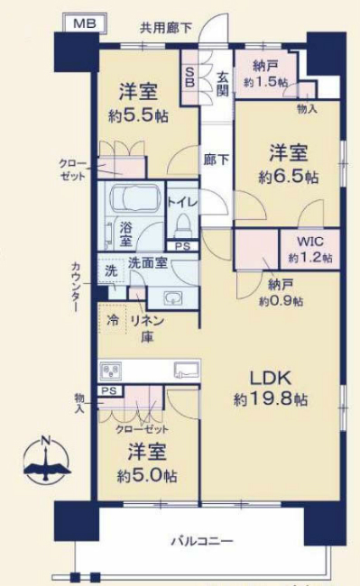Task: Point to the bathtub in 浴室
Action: point(134,201)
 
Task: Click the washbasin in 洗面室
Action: point(171,298)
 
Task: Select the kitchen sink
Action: point(185,370)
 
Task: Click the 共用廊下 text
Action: point(165,28)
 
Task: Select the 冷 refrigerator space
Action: point(115,320)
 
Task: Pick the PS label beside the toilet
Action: point(182,246)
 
